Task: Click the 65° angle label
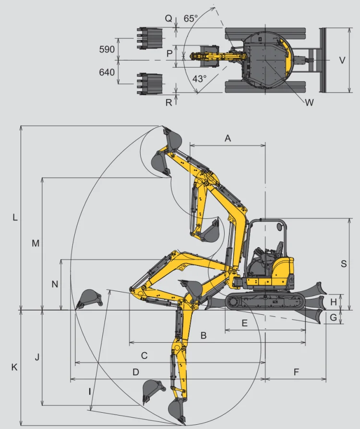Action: click(x=191, y=18)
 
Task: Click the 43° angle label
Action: click(x=199, y=79)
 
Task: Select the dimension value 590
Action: click(x=107, y=49)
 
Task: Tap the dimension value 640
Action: click(x=107, y=72)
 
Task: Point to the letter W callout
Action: click(x=309, y=103)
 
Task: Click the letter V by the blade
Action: click(x=342, y=60)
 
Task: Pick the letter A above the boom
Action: click(x=228, y=138)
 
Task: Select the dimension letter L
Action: click(x=15, y=217)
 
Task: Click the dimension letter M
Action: click(x=36, y=243)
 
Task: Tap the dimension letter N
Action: click(x=55, y=284)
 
